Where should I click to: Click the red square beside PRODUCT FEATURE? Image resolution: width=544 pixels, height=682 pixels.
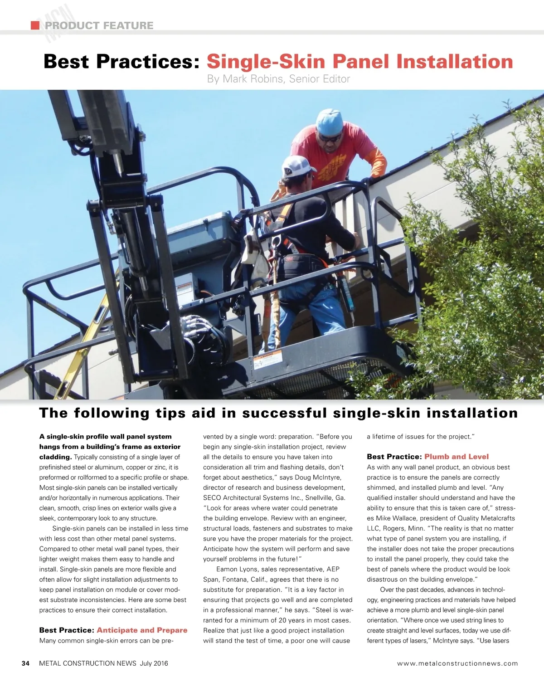[35, 25]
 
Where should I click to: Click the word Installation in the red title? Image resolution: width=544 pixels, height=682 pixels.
[454, 62]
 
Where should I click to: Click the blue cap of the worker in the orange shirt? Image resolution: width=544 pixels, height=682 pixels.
[329, 122]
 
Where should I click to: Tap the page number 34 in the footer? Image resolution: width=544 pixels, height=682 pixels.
[26, 663]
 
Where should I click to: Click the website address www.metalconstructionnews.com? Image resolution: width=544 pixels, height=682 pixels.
[457, 663]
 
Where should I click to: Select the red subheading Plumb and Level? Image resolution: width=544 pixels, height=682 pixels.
[457, 457]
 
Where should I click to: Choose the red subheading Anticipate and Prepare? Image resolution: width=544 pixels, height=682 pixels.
[142, 630]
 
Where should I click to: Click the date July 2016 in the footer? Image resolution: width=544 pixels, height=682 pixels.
[154, 663]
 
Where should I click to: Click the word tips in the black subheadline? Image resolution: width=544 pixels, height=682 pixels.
[170, 413]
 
